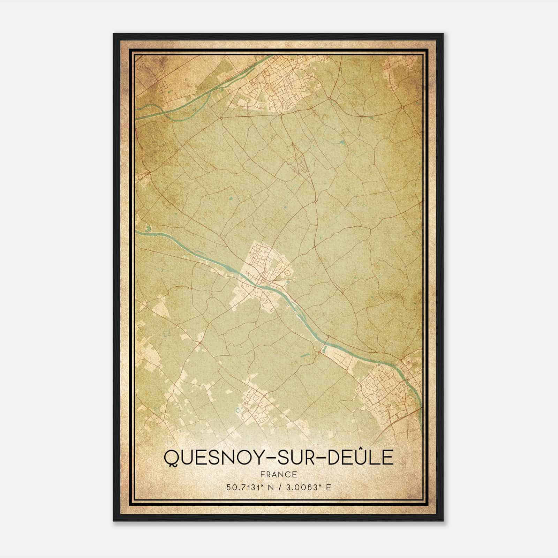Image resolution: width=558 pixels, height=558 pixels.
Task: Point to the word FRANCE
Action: coord(278,474)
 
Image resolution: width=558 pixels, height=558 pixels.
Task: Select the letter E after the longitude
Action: coord(328,487)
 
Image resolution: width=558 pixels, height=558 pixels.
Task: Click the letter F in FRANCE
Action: coord(262,474)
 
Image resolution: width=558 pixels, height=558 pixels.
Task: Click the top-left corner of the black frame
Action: coord(114,34)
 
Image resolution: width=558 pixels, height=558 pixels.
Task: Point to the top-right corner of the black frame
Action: coord(443,34)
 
